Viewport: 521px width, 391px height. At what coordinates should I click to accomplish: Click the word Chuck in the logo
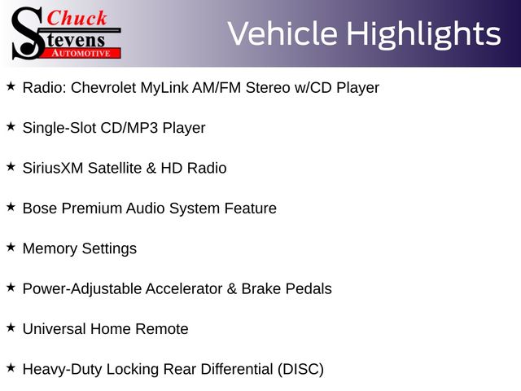(x=77, y=18)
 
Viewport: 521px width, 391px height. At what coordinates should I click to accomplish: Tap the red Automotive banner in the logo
(x=82, y=53)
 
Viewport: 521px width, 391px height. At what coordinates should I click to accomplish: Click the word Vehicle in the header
(x=282, y=33)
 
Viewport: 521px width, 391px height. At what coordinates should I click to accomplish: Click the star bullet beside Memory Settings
(x=11, y=247)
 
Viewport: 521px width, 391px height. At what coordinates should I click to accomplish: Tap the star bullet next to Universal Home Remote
(x=11, y=327)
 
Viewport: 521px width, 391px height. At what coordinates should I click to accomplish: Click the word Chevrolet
(x=103, y=88)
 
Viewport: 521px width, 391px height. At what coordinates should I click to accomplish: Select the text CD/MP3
(x=129, y=128)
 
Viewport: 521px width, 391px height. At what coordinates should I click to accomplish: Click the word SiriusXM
(x=53, y=169)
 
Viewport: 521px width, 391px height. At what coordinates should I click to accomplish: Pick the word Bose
(x=40, y=209)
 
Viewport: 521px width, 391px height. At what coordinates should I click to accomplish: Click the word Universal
(x=55, y=329)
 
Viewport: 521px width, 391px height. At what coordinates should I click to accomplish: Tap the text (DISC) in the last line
(x=300, y=370)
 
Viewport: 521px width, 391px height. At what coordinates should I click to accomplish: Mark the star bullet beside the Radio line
(x=11, y=86)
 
